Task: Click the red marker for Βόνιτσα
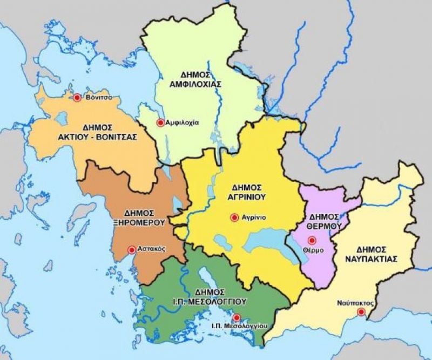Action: [77, 98]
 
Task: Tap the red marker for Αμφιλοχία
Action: [160, 123]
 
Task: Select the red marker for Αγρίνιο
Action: [234, 218]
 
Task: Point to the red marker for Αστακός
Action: [131, 250]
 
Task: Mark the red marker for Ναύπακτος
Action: [361, 311]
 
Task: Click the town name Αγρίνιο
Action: [253, 218]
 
